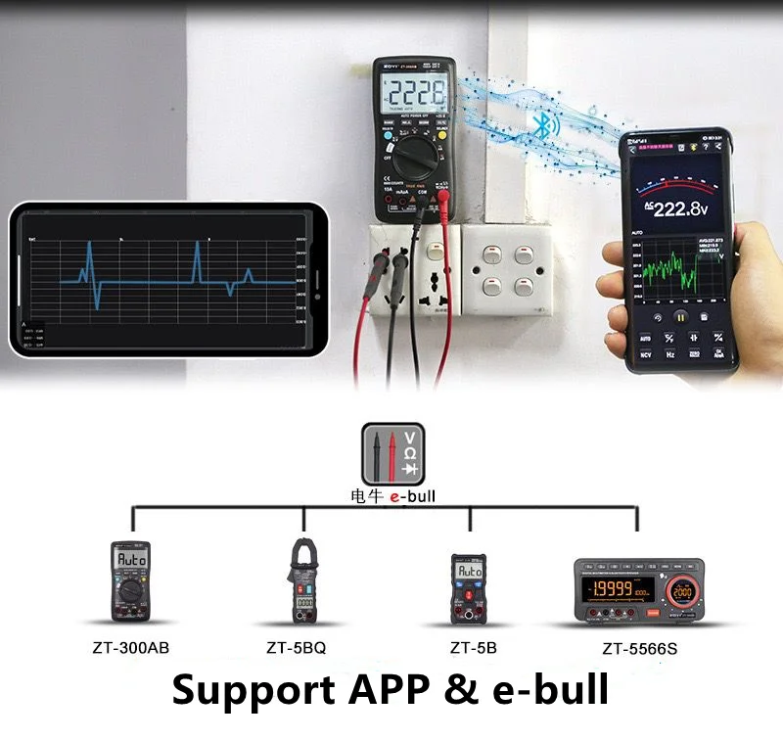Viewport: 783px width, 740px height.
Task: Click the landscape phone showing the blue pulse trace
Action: pos(166,279)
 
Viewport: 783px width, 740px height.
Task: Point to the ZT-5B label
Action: pos(474,647)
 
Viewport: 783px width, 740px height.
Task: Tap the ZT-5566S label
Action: pos(639,648)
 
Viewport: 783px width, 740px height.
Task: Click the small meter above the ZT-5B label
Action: pos(468,587)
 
